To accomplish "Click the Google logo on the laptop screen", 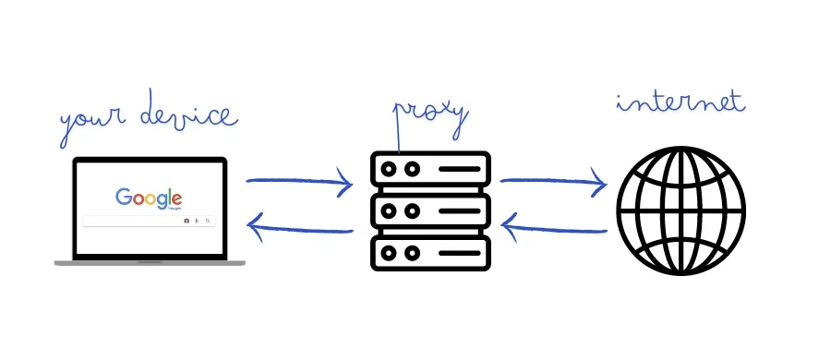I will [x=149, y=198].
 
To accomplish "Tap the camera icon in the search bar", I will [x=187, y=222].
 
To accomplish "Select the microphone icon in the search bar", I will [x=198, y=222].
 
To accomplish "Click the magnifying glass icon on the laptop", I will [x=208, y=222].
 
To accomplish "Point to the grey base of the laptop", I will [x=150, y=263].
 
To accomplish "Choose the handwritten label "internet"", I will [x=680, y=102].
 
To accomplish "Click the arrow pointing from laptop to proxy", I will [x=300, y=183].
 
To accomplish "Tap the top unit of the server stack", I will [x=429, y=171].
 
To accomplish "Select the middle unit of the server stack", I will [x=429, y=211].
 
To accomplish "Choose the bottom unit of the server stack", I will [x=429, y=251].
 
